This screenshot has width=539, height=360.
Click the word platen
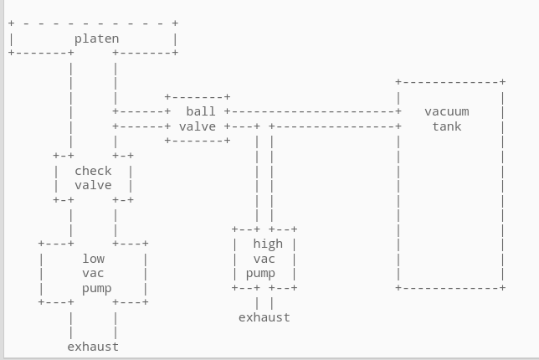click(x=96, y=39)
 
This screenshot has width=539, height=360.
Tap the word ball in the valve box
click(x=201, y=111)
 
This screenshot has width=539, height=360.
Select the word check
click(x=93, y=171)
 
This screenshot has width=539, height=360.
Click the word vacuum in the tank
click(x=447, y=111)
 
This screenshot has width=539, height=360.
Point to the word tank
click(x=447, y=126)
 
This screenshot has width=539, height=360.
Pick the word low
click(x=93, y=259)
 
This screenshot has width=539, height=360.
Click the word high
click(x=268, y=244)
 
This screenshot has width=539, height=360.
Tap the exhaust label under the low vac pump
click(x=93, y=347)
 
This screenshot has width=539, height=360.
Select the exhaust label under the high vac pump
click(x=264, y=317)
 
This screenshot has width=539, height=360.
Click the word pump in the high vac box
click(x=260, y=274)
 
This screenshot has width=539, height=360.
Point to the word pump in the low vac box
click(x=96, y=289)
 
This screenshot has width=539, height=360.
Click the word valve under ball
click(x=198, y=126)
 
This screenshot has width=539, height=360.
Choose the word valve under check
click(x=93, y=185)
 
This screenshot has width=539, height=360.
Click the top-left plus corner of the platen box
click(x=12, y=23)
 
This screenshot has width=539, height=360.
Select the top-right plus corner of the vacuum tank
click(x=502, y=82)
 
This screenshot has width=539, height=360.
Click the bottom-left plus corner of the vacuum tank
click(x=398, y=287)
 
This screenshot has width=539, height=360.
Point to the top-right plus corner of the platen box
click(x=175, y=23)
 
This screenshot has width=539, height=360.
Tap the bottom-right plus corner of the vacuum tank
click(x=502, y=287)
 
